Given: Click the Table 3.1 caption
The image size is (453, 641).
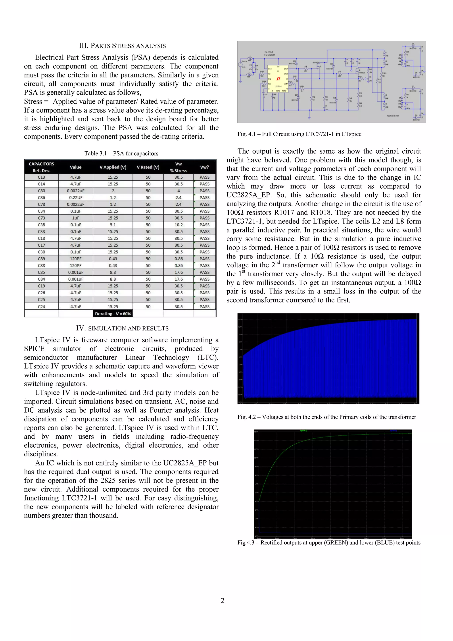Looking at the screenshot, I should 121,154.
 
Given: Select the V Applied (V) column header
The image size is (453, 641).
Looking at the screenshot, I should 113,167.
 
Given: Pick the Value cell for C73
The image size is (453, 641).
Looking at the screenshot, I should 76,218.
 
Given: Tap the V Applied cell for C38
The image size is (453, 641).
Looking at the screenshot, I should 113,225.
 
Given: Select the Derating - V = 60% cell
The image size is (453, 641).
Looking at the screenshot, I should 113,314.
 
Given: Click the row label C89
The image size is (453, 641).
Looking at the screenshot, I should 41,259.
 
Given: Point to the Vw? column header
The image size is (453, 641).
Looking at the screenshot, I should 204,167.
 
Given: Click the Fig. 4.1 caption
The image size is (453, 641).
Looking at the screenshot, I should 299,134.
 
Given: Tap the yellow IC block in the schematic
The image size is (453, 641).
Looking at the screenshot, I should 278,79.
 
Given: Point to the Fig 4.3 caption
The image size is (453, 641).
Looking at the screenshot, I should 329,543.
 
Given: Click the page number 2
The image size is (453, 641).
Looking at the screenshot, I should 223,601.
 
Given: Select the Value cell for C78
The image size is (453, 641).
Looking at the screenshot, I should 76,204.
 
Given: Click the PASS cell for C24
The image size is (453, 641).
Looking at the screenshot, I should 204,307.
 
